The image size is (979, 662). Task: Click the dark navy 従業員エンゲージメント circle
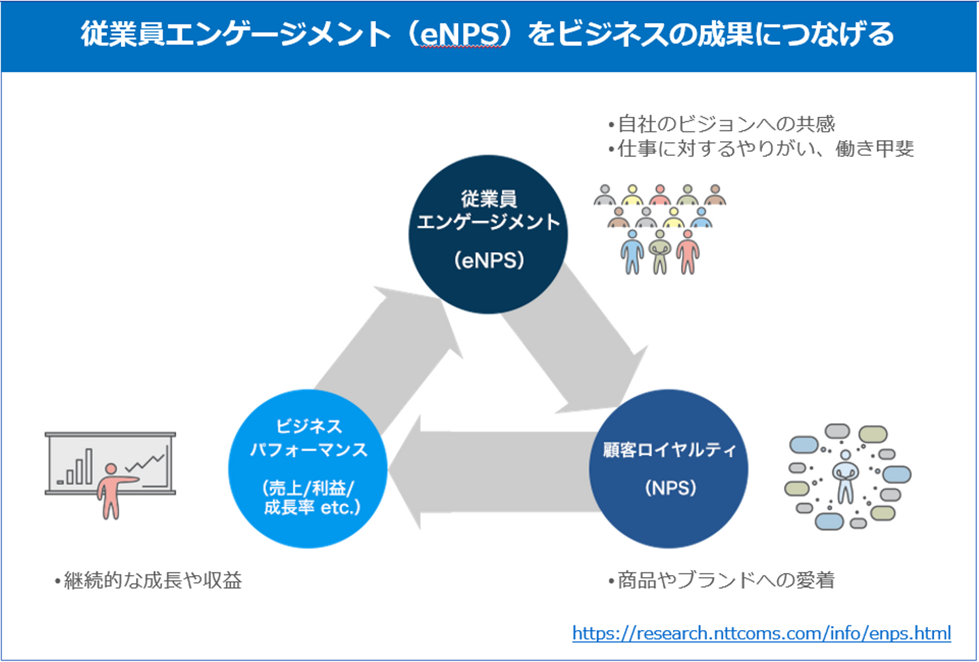[488, 234]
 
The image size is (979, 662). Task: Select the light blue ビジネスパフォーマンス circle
[308, 469]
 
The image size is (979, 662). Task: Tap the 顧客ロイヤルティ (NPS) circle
[668, 469]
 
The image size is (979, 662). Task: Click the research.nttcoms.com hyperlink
[761, 633]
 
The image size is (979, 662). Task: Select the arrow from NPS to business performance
[489, 472]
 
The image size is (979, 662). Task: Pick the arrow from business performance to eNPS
[388, 347]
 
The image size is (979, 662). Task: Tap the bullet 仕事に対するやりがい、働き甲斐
[766, 148]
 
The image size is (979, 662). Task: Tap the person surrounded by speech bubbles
[845, 476]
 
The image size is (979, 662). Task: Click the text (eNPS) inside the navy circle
[489, 260]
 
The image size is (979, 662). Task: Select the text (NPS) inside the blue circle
[670, 488]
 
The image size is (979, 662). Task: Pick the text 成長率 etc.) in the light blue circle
[312, 508]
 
